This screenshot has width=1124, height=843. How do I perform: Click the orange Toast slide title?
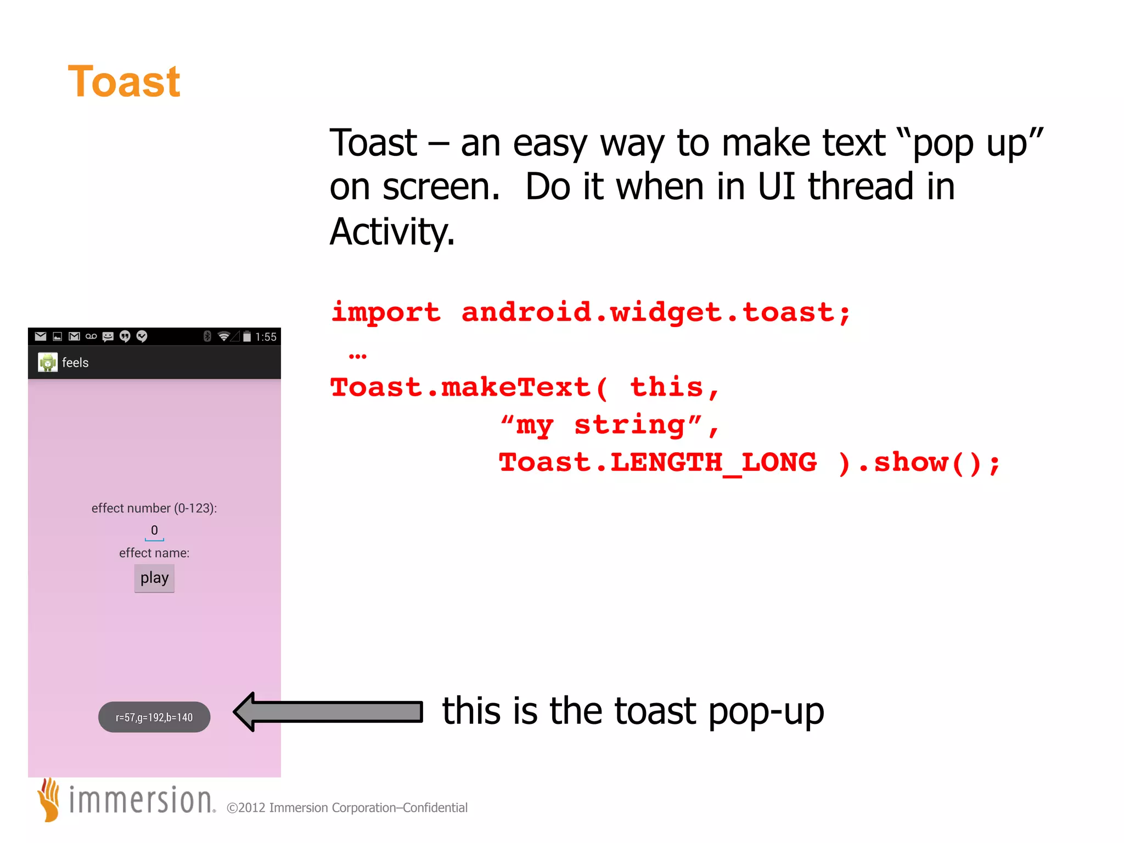click(x=124, y=82)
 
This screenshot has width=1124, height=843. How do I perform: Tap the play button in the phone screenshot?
click(x=154, y=578)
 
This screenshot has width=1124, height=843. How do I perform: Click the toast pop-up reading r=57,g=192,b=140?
click(x=154, y=717)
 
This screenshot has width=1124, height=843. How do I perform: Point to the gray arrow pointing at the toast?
click(x=328, y=712)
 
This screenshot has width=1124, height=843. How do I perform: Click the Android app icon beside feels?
click(x=48, y=362)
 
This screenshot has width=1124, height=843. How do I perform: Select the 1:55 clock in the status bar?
click(x=266, y=337)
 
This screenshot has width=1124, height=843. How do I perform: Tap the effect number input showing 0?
click(x=154, y=531)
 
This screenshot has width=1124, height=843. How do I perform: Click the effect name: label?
click(x=154, y=553)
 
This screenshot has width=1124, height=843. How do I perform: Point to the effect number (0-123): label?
click(x=154, y=508)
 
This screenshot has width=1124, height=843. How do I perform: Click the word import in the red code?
click(x=386, y=313)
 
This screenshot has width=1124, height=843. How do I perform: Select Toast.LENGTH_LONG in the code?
click(x=657, y=462)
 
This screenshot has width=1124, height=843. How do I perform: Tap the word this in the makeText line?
click(x=666, y=387)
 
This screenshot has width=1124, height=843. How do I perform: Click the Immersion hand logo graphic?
click(x=49, y=799)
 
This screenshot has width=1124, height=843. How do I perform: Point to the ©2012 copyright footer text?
click(x=347, y=808)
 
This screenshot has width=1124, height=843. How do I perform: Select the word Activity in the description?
click(x=392, y=232)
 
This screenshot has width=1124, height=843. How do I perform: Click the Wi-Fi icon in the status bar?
click(x=223, y=336)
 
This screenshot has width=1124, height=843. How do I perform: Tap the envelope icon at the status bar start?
click(x=41, y=336)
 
